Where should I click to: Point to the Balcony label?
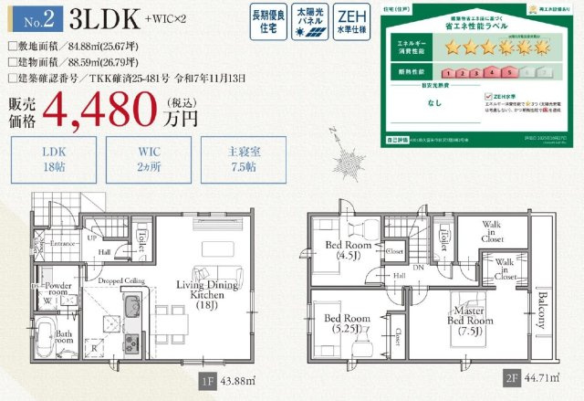(541, 311)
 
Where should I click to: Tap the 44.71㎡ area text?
(538, 377)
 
